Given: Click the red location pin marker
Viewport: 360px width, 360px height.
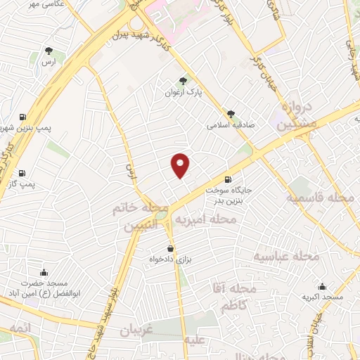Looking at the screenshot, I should (x=181, y=165).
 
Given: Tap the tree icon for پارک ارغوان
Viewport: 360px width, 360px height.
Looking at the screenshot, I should (x=184, y=81).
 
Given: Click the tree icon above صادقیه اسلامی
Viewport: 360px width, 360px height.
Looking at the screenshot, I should (x=231, y=113).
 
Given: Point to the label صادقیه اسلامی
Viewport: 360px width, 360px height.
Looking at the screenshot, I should (x=230, y=125).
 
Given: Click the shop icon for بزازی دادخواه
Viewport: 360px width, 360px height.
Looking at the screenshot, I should (x=170, y=249).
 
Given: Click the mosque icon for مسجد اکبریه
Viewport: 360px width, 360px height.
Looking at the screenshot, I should (x=323, y=287).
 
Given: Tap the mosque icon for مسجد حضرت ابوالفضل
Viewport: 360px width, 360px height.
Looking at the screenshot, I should (x=44, y=273).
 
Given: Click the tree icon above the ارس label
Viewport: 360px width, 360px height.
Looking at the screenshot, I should (x=48, y=51).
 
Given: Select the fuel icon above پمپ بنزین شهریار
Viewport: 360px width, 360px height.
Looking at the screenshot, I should (x=23, y=117).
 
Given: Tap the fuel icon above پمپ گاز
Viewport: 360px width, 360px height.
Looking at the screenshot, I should (x=21, y=173).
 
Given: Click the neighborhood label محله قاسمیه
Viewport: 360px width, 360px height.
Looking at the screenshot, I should (x=319, y=198).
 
